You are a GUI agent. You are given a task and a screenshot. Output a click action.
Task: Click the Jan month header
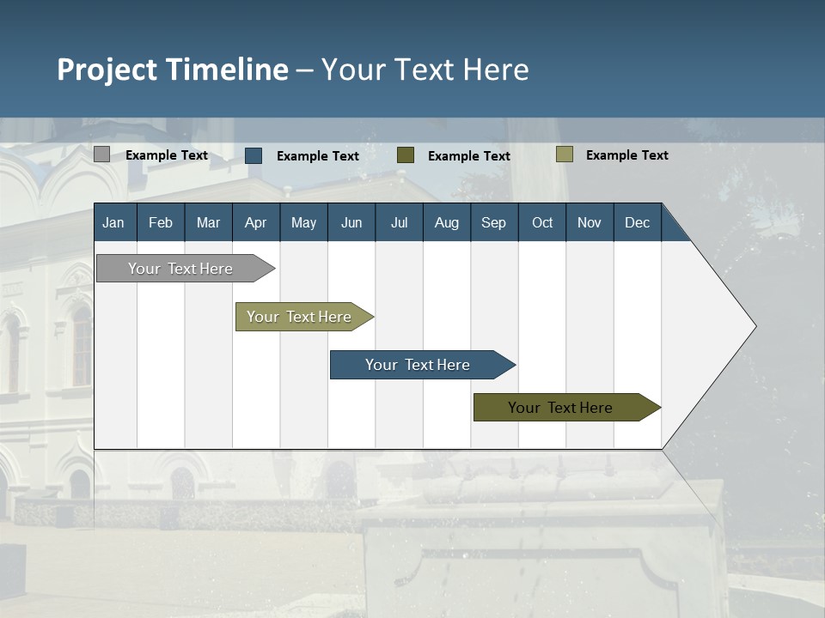point(113,222)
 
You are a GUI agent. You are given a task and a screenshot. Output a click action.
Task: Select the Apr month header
point(255,222)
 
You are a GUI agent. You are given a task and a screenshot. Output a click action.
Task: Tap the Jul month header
point(399,222)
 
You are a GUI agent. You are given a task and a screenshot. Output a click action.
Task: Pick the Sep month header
point(493,222)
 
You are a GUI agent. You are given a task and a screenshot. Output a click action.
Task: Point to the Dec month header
point(637,222)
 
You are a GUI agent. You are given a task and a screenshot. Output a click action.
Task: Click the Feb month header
point(161,222)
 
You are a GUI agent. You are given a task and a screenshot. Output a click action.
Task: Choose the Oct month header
point(542,222)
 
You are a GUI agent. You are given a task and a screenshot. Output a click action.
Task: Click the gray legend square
point(101,154)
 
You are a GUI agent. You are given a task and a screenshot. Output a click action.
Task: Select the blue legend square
point(254,155)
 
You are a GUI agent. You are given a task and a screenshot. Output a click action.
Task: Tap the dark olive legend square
point(406,155)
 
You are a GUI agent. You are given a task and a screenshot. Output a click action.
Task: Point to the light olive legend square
point(564,154)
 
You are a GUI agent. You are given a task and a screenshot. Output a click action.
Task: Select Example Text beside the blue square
point(318,156)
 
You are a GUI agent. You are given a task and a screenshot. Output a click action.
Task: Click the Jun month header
point(351,222)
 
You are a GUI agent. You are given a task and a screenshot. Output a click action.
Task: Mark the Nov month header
point(590,222)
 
